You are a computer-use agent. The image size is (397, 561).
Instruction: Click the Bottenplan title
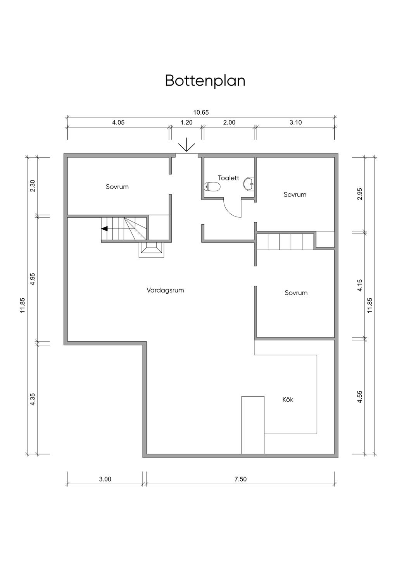click(205, 81)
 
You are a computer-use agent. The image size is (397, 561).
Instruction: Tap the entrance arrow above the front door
click(186, 145)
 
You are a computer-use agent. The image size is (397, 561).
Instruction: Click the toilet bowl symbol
click(212, 186)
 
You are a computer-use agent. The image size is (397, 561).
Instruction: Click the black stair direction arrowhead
click(105, 229)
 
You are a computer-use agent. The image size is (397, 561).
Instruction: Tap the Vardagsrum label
click(165, 290)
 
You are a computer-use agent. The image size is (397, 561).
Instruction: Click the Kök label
click(288, 399)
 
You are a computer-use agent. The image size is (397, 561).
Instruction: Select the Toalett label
click(228, 178)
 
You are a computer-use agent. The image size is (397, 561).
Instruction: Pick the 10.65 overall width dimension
click(201, 112)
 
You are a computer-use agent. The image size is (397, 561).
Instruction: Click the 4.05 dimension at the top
click(118, 122)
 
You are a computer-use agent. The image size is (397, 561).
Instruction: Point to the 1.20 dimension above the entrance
click(186, 122)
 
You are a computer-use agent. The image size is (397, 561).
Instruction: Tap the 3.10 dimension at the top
click(296, 122)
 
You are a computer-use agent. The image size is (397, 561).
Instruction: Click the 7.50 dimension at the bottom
click(240, 479)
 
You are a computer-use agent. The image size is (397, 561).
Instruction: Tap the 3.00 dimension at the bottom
click(105, 479)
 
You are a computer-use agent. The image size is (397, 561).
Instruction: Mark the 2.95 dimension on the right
click(360, 194)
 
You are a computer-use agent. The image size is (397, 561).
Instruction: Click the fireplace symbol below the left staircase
click(152, 250)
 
